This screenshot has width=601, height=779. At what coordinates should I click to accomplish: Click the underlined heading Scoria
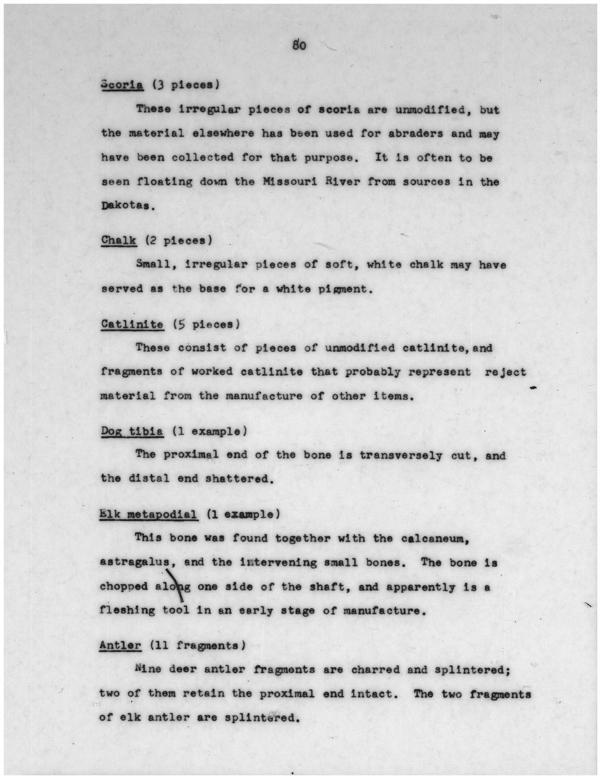pos(122,85)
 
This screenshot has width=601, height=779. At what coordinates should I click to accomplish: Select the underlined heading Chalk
pos(119,240)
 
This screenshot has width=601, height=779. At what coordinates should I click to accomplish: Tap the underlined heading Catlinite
pos(132,325)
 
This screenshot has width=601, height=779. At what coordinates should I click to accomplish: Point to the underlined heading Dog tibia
pos(132,432)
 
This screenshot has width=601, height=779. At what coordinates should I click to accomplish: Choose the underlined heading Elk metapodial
pos(148,515)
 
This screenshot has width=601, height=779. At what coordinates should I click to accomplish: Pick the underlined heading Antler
pos(120,645)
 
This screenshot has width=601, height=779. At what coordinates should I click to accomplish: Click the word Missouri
pos(287,182)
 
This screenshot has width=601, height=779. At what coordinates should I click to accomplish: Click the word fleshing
pos(127,611)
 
